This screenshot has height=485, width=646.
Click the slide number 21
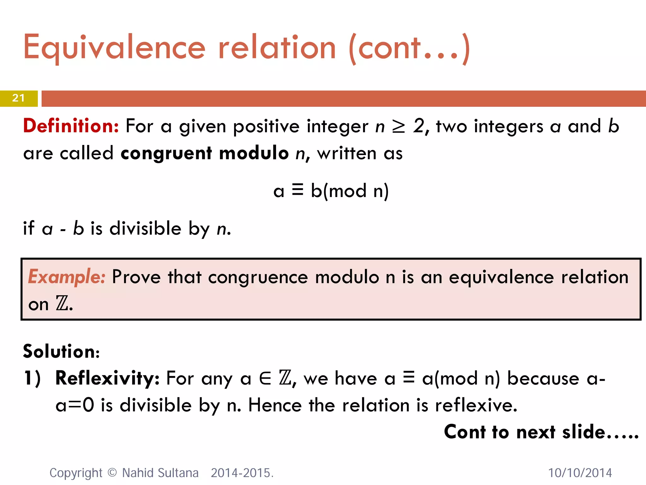pos(18,98)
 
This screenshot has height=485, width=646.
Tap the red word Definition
pos(71,126)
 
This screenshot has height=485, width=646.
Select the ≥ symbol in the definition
pos(398,127)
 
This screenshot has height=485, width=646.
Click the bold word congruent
pos(166,153)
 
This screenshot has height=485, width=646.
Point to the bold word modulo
pos(254,153)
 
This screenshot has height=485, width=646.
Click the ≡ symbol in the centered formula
pos(297,190)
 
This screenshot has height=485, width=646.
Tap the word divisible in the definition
pos(145,228)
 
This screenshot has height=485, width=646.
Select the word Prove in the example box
pos(136,277)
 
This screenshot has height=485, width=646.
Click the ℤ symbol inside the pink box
pos(62,304)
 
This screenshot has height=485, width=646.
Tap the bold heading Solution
pos(61,351)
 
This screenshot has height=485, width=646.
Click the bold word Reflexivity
pos(107,378)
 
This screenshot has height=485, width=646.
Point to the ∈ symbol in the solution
pos(265,379)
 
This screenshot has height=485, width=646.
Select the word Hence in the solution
pos(275,405)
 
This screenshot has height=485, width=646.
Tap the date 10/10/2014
pos(580,473)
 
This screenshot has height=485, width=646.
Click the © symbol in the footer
pos(112,473)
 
